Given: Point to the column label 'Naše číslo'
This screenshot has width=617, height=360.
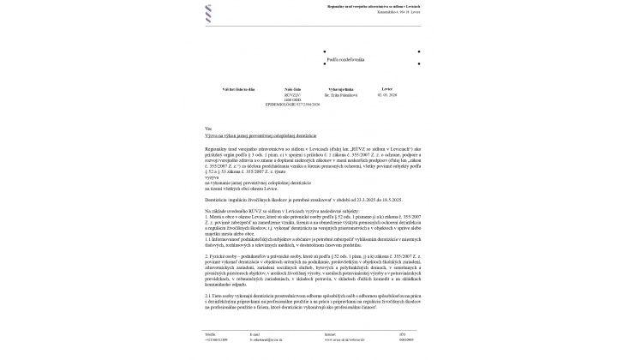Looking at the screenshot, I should point(292,89).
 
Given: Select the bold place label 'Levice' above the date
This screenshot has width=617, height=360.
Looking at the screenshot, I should point(387,89).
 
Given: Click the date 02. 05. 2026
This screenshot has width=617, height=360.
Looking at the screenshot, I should point(389,96).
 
